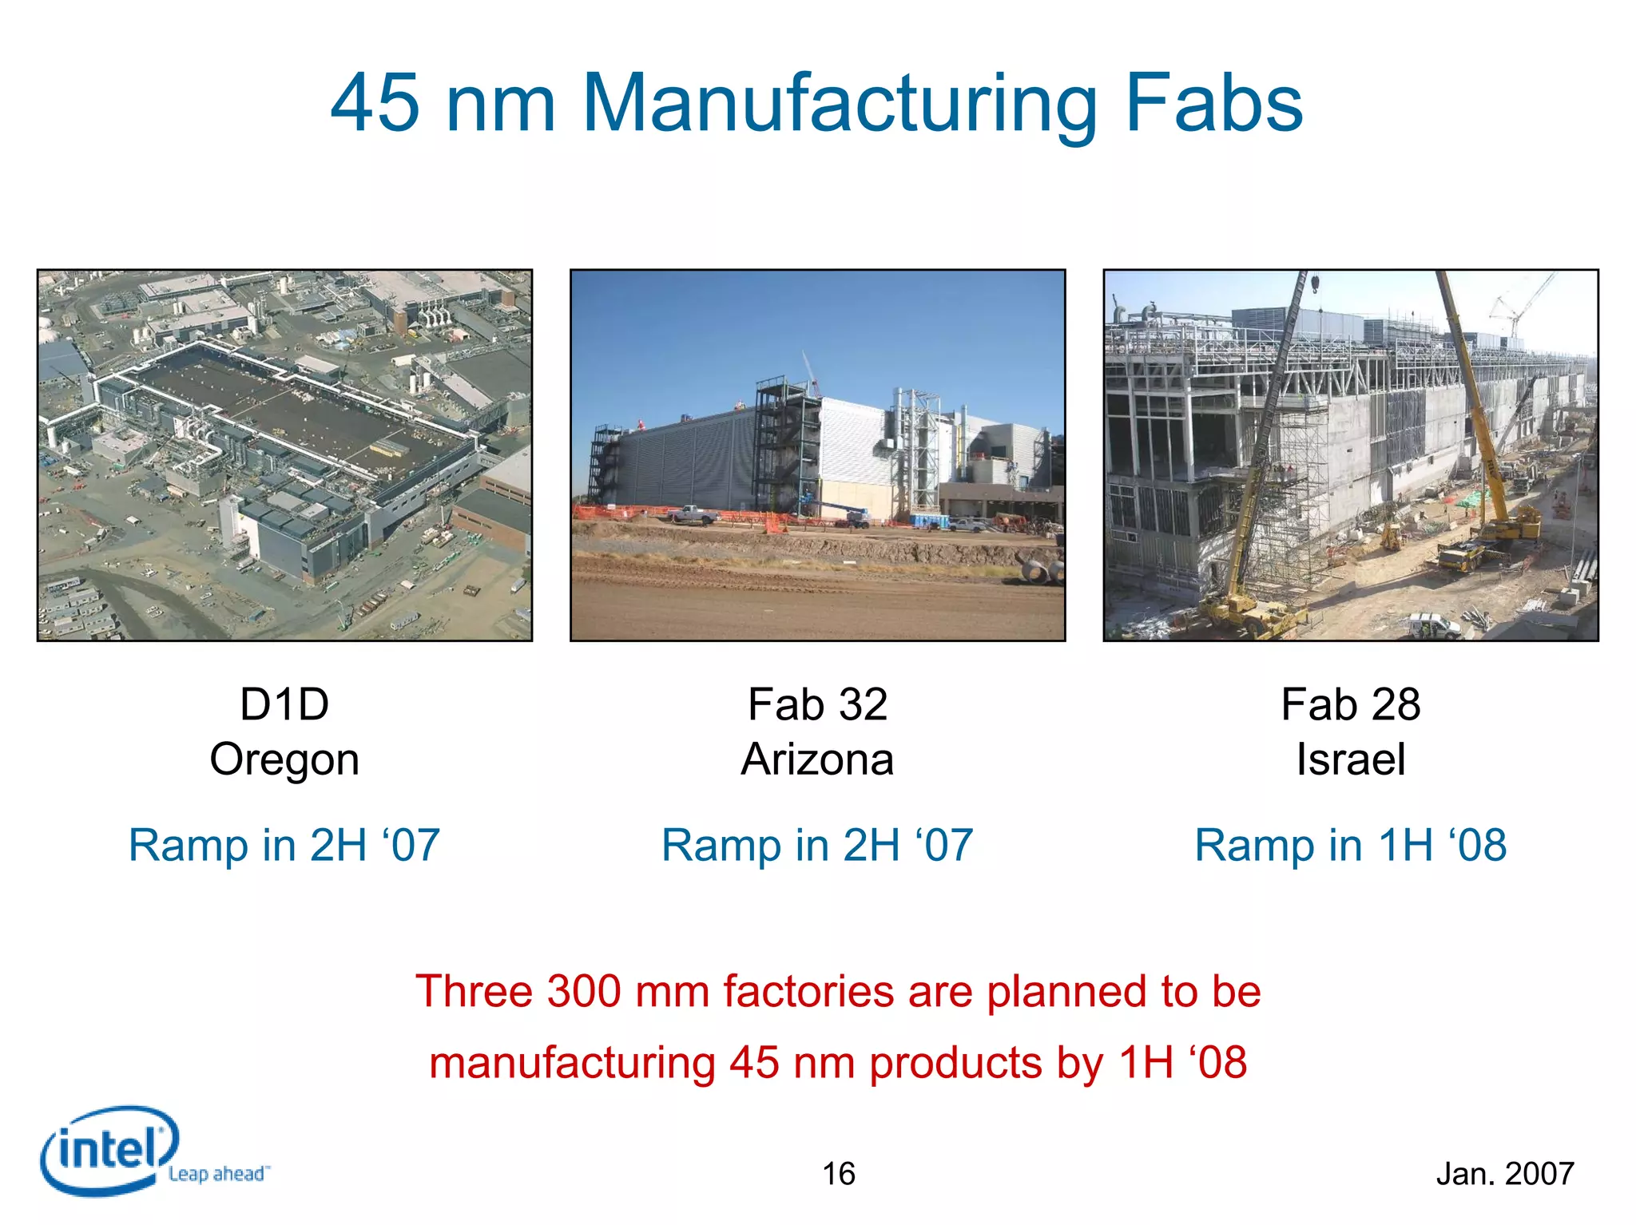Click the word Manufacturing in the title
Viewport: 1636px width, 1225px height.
pos(839,104)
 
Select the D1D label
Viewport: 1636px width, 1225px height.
pos(284,704)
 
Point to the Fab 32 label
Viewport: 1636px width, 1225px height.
pos(817,704)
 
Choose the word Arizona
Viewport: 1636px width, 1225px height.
pos(817,759)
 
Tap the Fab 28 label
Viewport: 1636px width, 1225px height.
pos(1351,704)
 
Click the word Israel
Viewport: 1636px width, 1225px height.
pos(1351,759)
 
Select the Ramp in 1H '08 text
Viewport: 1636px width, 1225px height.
pos(1351,845)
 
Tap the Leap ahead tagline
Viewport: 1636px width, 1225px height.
pos(218,1174)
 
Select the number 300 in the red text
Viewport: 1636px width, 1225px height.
pos(584,992)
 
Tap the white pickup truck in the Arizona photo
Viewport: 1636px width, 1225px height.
pos(693,515)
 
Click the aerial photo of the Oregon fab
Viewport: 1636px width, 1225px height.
pos(284,455)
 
